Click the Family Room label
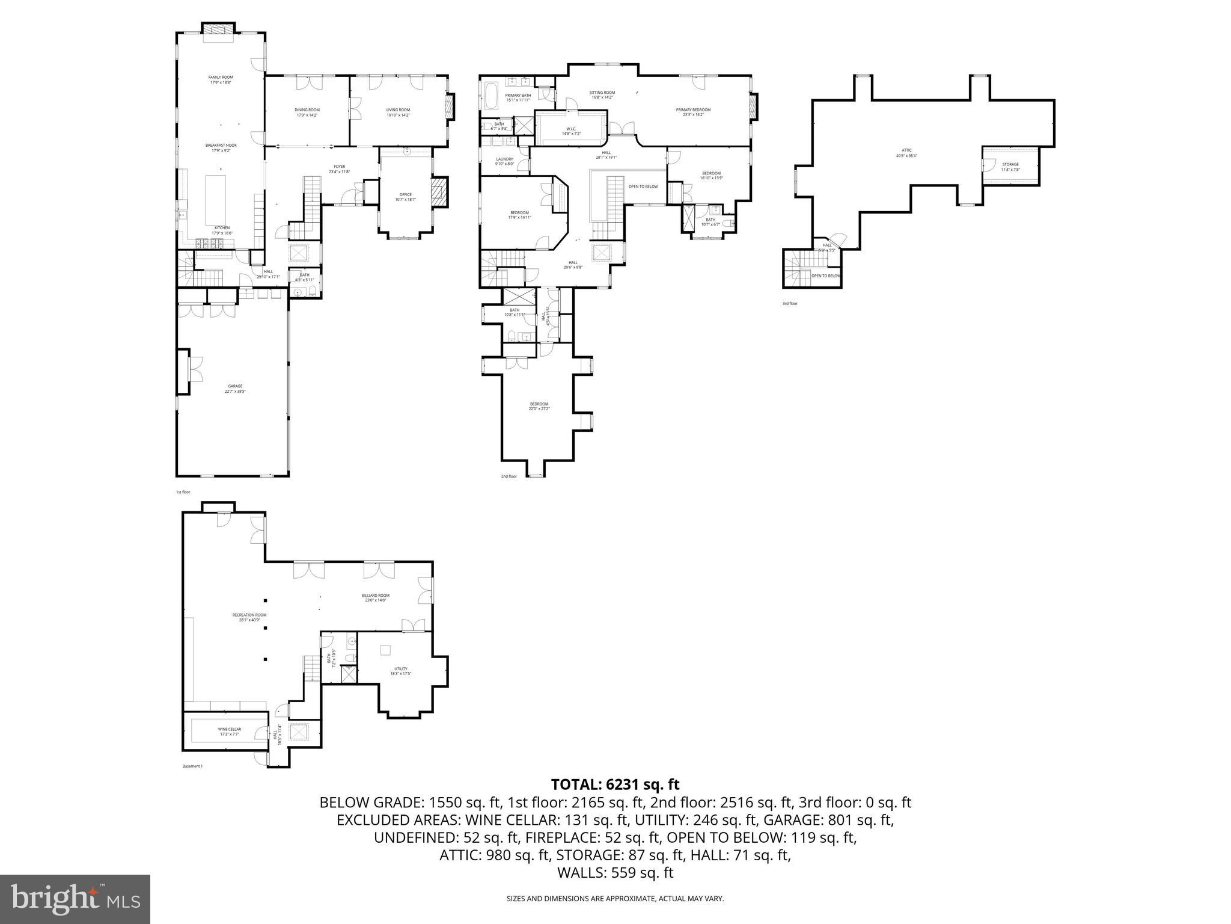click(221, 78)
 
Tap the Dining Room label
click(307, 110)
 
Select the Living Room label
click(398, 110)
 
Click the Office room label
click(406, 194)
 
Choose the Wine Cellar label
click(229, 729)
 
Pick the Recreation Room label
click(249, 615)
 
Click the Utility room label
click(401, 669)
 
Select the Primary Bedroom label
click(693, 110)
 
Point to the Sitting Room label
click(602, 93)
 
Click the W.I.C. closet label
click(571, 129)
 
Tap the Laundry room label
click(504, 159)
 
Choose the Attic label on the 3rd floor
click(906, 150)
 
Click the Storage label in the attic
click(1010, 164)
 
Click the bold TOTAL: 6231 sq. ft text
click(615, 784)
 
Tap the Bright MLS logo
click(75, 899)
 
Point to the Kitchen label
click(222, 228)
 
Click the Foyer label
click(340, 167)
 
